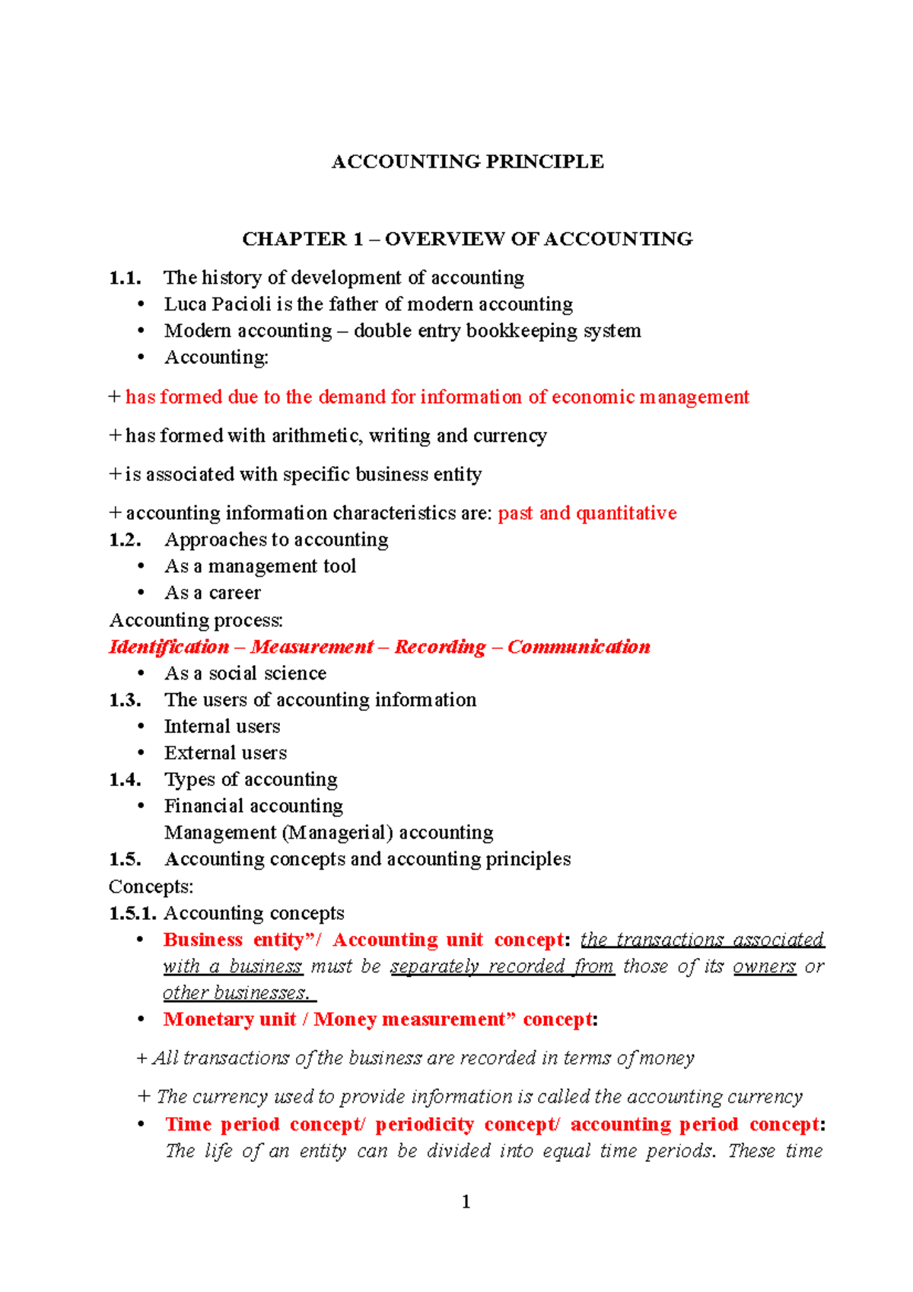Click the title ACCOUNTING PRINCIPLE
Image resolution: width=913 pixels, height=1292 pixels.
tap(467, 161)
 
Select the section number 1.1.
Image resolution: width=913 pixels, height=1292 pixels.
tap(125, 278)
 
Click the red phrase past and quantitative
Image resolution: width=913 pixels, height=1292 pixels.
tap(587, 514)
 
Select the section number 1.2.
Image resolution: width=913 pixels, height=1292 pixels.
tap(125, 540)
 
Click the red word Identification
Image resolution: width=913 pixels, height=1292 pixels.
tap(169, 647)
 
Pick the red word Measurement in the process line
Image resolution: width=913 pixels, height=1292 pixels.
tap(312, 647)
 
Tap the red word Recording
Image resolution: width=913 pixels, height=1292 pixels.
tap(440, 647)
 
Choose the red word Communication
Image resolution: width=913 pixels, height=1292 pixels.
tap(578, 647)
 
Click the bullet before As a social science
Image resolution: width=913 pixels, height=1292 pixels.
tap(141, 674)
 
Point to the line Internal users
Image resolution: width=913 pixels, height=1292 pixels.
tap(222, 727)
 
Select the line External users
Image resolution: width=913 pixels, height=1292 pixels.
tap(225, 753)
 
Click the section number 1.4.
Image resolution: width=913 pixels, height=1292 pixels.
tap(125, 780)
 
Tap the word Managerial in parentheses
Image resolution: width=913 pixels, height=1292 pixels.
tap(338, 833)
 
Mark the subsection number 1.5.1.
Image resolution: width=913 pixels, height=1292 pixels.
tap(132, 913)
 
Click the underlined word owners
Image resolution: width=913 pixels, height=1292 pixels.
tap(764, 966)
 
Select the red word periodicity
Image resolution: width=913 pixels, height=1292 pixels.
tap(424, 1125)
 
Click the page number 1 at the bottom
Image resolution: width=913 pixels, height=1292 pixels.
tap(466, 1202)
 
